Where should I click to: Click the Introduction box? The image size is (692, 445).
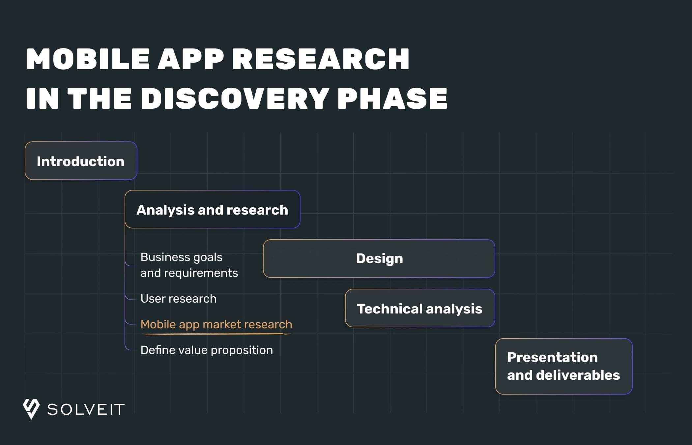click(x=81, y=161)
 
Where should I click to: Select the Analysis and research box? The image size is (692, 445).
click(x=213, y=209)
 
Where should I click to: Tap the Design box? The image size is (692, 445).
click(x=379, y=258)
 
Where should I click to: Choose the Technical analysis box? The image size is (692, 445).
click(x=420, y=308)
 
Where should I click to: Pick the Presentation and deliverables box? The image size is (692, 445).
click(x=564, y=366)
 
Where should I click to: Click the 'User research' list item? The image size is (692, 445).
click(x=179, y=299)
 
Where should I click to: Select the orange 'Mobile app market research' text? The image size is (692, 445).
click(x=216, y=324)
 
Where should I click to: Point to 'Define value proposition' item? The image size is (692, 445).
click(x=207, y=350)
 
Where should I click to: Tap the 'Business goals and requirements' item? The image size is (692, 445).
click(x=189, y=265)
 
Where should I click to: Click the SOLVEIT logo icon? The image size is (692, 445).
click(x=31, y=409)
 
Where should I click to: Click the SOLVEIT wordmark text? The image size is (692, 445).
click(x=86, y=409)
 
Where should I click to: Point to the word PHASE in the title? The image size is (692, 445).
click(x=392, y=98)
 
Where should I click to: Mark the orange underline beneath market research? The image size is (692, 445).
click(x=216, y=334)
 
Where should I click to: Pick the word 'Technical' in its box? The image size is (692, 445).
click(x=389, y=309)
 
